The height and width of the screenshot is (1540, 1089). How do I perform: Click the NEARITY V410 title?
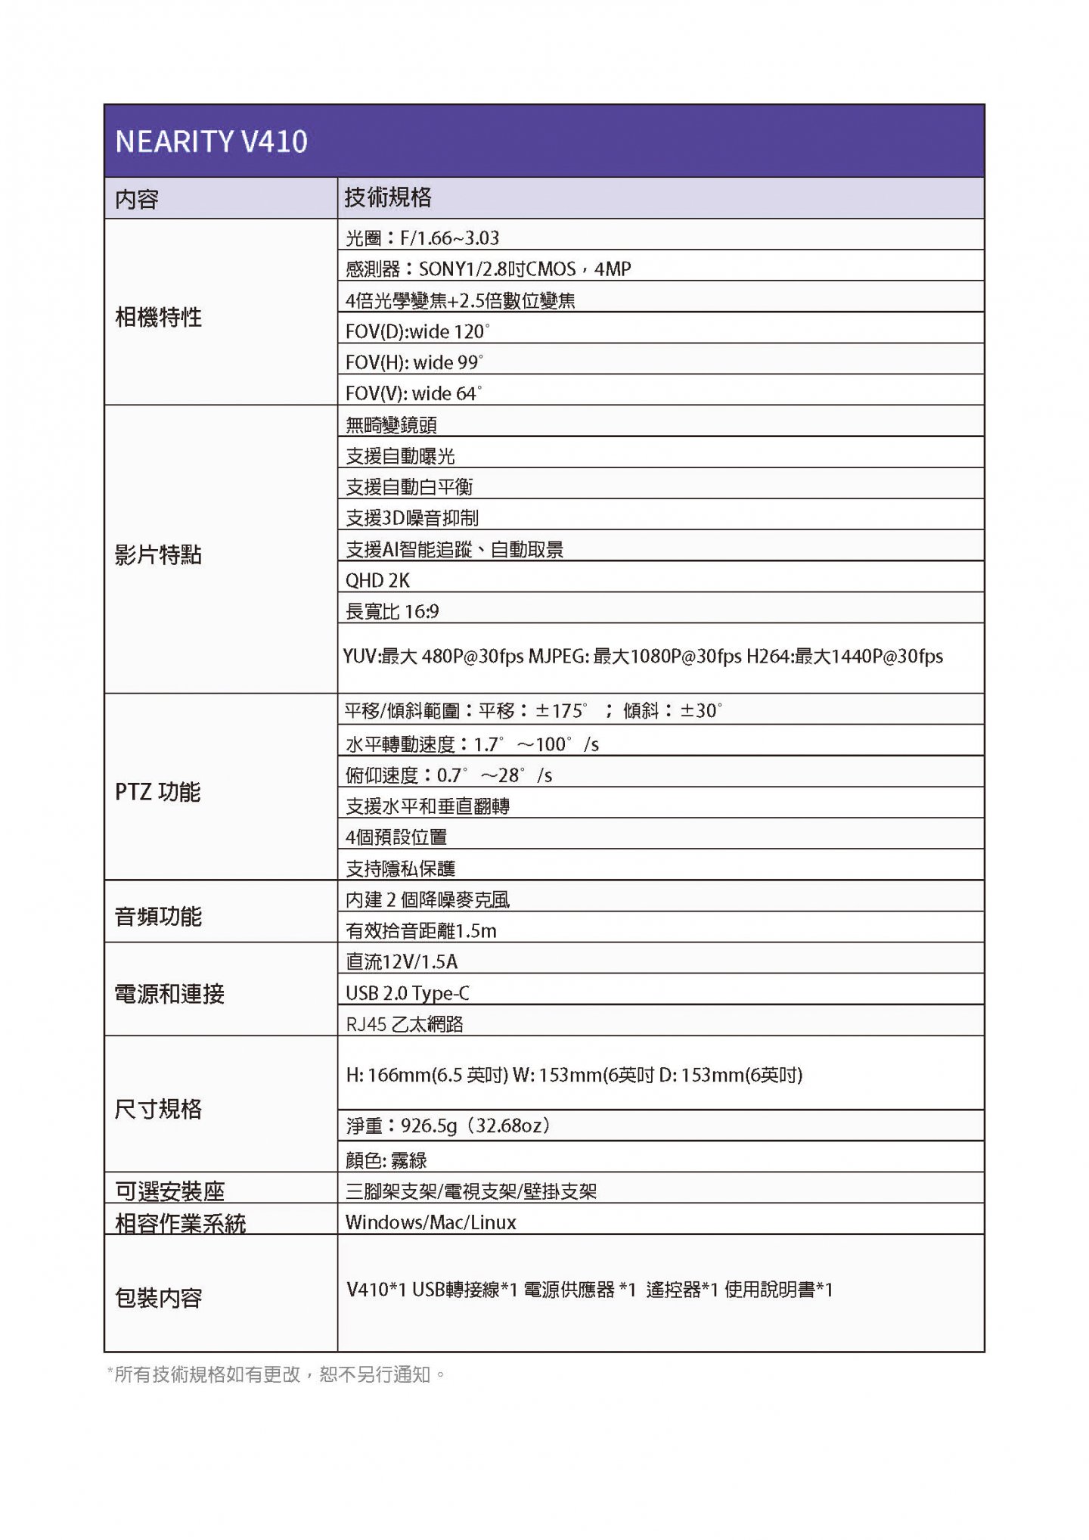[211, 141]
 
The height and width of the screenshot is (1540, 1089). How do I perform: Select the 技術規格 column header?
[388, 197]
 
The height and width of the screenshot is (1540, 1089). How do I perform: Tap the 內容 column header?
[137, 199]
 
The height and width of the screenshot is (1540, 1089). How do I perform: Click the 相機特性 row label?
[158, 317]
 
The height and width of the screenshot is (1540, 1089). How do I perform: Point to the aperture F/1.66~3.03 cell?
[422, 238]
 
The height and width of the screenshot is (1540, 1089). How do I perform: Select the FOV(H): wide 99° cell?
[414, 362]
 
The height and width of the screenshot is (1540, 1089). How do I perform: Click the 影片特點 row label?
[158, 554]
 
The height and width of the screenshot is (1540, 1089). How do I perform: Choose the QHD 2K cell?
[377, 580]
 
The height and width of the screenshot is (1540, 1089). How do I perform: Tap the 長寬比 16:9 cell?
[392, 611]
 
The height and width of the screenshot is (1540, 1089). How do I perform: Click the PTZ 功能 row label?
[157, 792]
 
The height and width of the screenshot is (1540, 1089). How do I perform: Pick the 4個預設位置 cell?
[396, 837]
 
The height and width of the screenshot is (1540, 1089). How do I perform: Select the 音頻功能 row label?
[158, 916]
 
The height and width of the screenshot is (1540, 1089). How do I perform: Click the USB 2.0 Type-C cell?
[408, 992]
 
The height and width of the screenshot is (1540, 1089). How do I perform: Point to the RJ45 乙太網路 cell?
[405, 1023]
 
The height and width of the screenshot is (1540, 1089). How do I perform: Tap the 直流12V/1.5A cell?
[402, 961]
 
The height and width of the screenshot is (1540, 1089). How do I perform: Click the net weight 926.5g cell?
[448, 1126]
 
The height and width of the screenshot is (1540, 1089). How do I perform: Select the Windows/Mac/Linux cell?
[430, 1222]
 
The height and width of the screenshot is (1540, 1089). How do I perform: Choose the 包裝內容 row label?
[158, 1298]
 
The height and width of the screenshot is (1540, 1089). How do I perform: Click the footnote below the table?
[277, 1374]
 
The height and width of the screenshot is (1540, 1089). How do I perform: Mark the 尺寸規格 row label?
[158, 1109]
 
